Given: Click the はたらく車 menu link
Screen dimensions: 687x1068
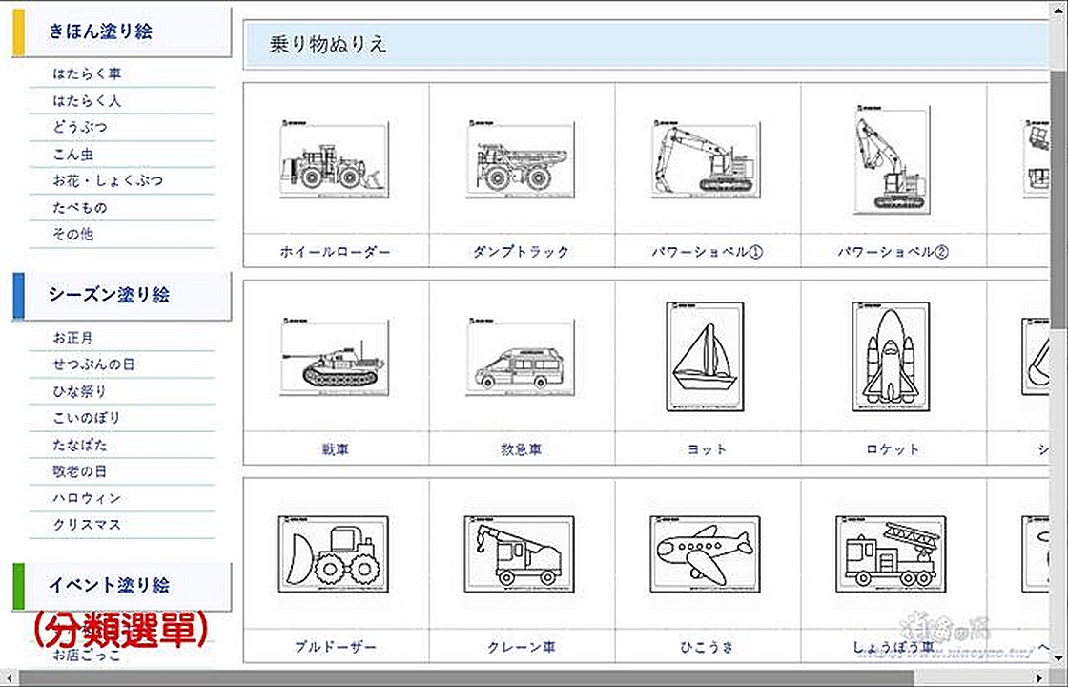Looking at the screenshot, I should click(88, 73).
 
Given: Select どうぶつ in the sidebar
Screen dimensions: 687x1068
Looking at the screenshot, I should click(81, 127).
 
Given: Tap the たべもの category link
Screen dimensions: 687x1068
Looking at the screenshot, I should click(81, 207).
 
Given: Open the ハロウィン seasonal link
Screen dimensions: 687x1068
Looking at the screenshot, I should click(88, 497).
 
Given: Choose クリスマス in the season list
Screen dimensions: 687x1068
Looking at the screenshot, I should click(88, 524).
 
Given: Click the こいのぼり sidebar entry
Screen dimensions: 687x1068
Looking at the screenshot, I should click(88, 417).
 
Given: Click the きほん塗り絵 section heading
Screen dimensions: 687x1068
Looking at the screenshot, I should click(100, 31).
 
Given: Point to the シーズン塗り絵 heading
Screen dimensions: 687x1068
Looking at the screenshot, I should click(109, 295).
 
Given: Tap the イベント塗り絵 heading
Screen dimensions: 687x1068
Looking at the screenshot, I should click(109, 585).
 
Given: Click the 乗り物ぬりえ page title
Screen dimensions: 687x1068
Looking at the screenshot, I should click(328, 45).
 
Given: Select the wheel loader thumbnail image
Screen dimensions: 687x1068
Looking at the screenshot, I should click(335, 160).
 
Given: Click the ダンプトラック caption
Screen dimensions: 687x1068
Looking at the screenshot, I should click(521, 252).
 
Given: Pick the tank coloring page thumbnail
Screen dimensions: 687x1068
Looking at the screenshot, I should click(335, 357).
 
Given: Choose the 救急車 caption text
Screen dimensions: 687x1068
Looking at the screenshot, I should click(521, 448).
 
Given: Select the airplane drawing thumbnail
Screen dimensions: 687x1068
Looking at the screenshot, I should click(706, 554).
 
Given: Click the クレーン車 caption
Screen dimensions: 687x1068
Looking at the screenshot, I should click(521, 647).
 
